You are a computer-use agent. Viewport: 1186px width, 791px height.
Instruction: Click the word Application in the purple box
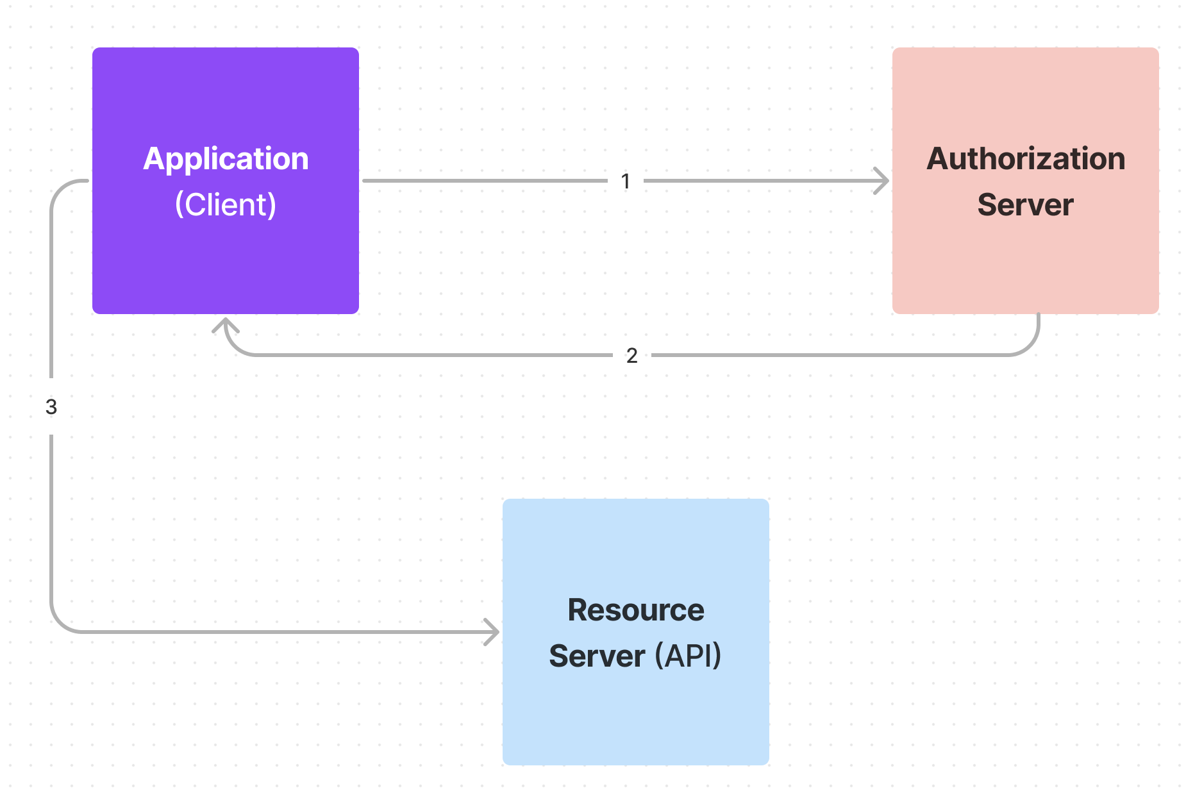pyautogui.click(x=226, y=158)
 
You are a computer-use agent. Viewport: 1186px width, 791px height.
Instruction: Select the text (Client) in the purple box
pyautogui.click(x=226, y=204)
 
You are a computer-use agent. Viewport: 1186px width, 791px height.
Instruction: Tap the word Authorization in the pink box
pyautogui.click(x=1026, y=158)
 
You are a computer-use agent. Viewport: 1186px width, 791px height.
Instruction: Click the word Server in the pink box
pyautogui.click(x=1025, y=204)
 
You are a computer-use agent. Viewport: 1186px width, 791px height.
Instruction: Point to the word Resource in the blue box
pyautogui.click(x=635, y=610)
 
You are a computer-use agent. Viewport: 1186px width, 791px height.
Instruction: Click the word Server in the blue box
pyautogui.click(x=597, y=656)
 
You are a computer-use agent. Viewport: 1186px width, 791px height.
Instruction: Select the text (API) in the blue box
pyautogui.click(x=688, y=656)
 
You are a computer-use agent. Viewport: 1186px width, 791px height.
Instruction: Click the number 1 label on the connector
pyautogui.click(x=626, y=181)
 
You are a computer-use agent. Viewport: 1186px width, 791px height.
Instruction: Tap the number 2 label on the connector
pyautogui.click(x=631, y=355)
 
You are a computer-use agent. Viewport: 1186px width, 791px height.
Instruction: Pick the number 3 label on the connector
pyautogui.click(x=51, y=406)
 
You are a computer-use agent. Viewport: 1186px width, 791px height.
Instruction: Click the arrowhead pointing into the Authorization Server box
pyautogui.click(x=883, y=181)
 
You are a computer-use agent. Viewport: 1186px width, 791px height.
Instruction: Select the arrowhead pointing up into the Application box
pyautogui.click(x=226, y=324)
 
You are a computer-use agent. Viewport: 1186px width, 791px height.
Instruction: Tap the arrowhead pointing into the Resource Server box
pyautogui.click(x=492, y=632)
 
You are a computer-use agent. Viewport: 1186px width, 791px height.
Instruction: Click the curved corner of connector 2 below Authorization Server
pyautogui.click(x=1030, y=346)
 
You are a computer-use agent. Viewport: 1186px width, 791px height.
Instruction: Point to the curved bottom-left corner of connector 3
pyautogui.click(x=60, y=623)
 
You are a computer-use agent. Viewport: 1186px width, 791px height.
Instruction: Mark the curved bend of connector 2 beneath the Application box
pyautogui.click(x=235, y=347)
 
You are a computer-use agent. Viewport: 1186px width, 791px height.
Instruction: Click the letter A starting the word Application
pyautogui.click(x=153, y=158)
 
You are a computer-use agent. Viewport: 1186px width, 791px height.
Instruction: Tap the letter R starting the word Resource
pyautogui.click(x=578, y=610)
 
